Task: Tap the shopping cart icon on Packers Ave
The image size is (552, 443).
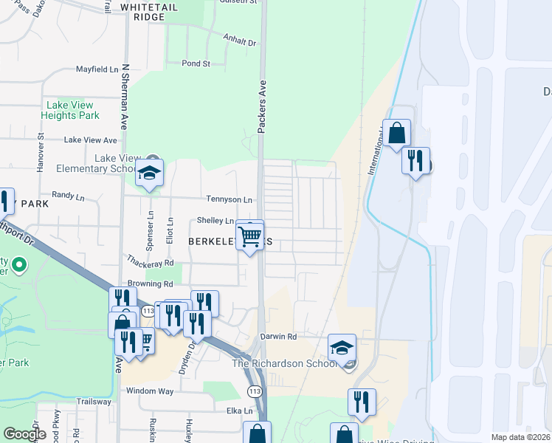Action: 250,237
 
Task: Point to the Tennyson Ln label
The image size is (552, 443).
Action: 229,200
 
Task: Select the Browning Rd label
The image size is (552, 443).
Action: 150,284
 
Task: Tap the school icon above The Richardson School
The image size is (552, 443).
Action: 342,346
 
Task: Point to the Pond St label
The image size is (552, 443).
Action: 196,63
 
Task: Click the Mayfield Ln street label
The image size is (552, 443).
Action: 97,69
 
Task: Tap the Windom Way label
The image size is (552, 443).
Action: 150,391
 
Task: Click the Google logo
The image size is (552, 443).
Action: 25,434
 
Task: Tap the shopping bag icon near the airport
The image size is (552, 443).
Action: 396,134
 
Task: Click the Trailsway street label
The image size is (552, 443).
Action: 92,402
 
